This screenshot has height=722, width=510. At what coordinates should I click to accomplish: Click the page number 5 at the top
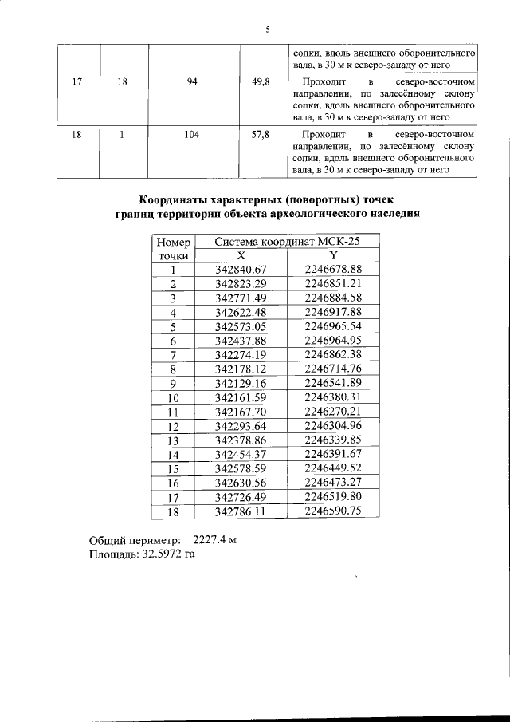click(268, 30)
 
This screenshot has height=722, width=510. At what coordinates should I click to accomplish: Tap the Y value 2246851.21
click(333, 283)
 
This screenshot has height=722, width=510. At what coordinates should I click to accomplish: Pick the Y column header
click(333, 256)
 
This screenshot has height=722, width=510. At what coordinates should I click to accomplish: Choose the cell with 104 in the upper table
click(191, 136)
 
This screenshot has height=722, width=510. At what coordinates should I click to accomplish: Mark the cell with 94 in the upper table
click(191, 82)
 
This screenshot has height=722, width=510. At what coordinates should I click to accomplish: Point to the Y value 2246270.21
click(333, 411)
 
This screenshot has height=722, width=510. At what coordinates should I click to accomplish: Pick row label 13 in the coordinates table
click(173, 440)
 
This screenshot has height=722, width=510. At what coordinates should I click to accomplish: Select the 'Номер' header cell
click(173, 242)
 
